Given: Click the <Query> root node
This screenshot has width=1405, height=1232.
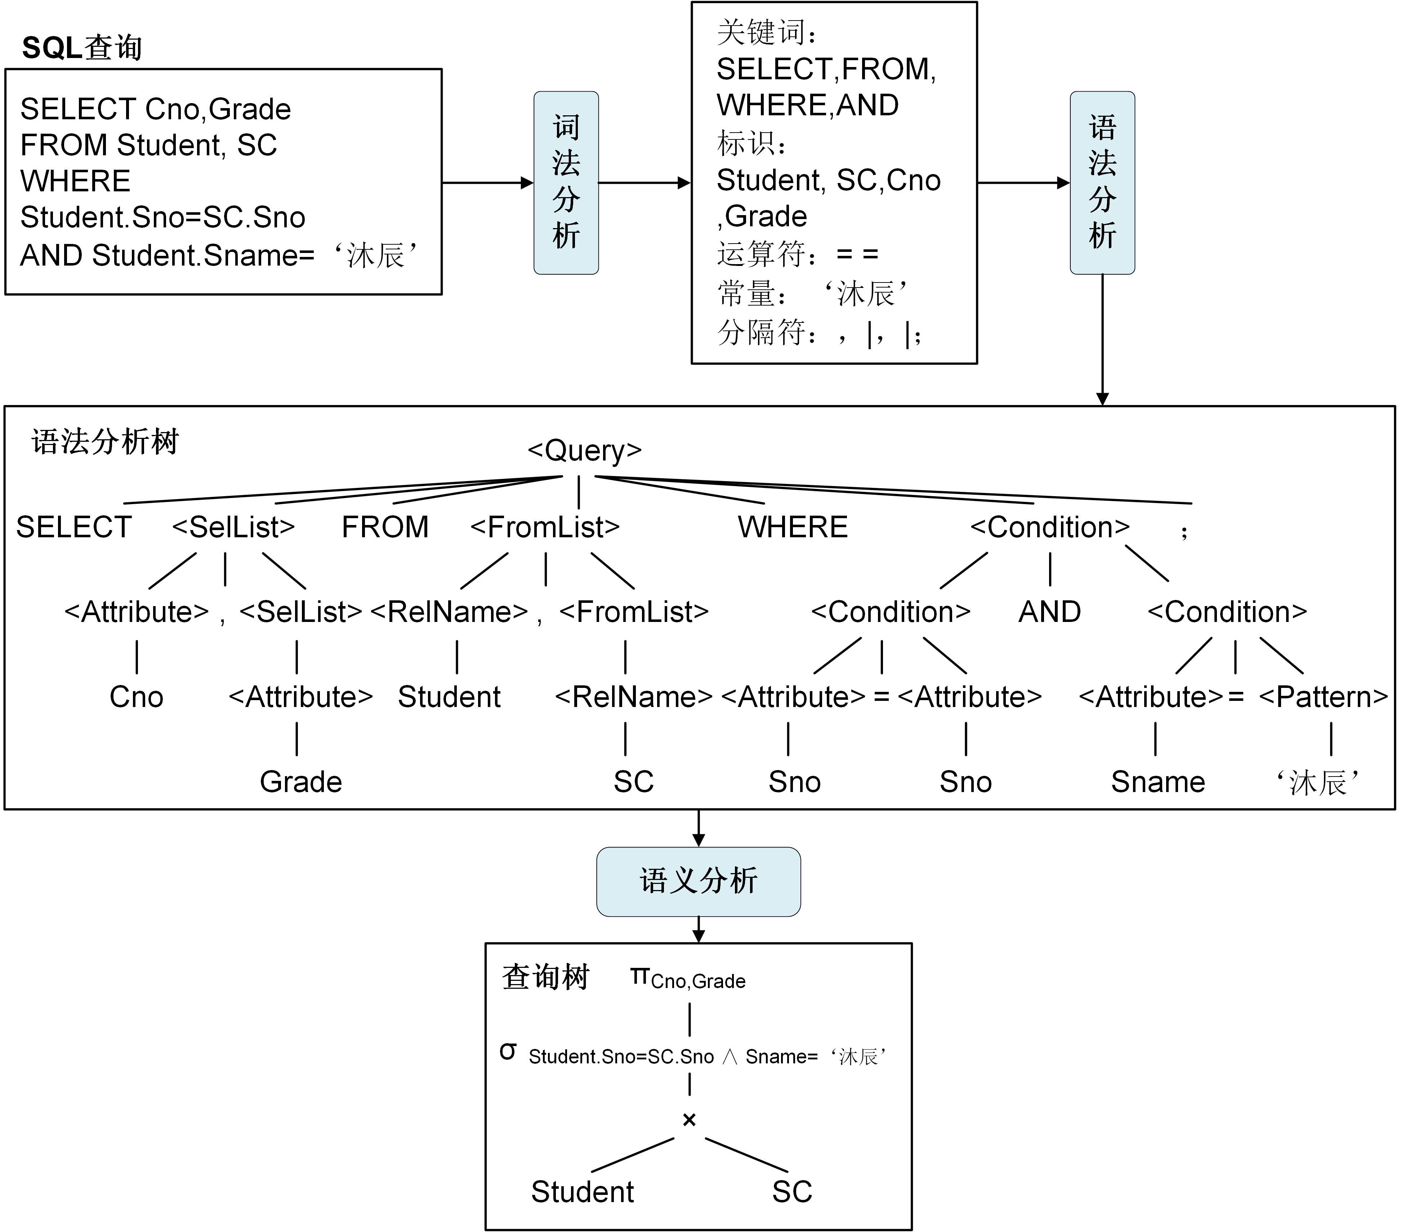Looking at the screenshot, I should (584, 450).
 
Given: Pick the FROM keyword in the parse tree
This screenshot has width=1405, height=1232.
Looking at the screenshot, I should (385, 527).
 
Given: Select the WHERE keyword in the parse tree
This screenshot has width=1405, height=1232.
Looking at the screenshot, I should (793, 527).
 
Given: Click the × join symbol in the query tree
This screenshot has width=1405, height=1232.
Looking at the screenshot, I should (689, 1120).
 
